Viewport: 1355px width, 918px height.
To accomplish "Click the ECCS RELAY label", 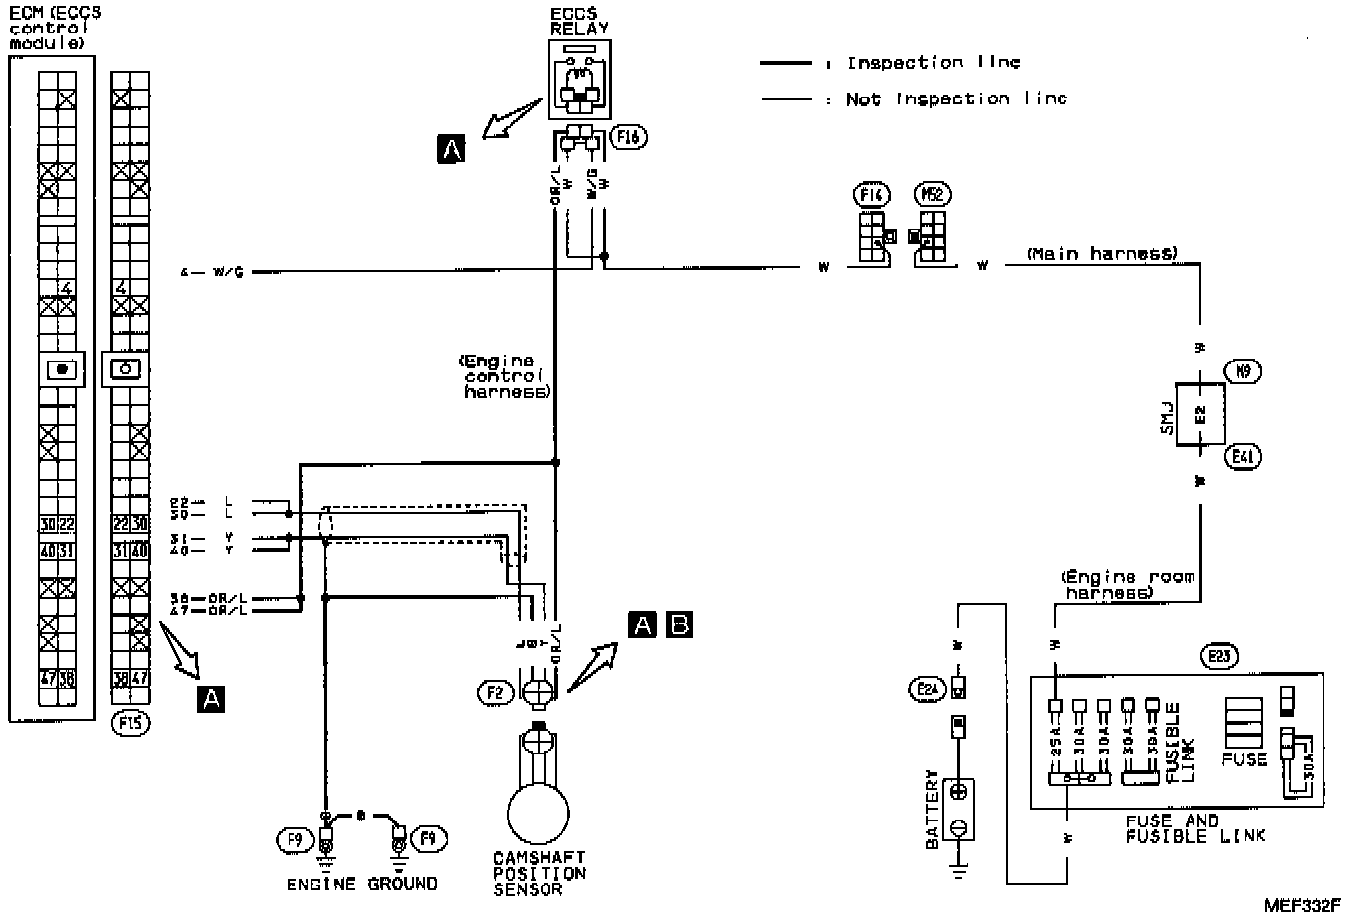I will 579,22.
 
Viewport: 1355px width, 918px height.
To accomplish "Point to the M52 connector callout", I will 932,195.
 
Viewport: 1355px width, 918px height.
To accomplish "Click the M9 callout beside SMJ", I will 1244,371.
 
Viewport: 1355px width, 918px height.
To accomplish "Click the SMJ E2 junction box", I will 1197,414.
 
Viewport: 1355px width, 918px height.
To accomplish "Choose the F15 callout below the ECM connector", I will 130,724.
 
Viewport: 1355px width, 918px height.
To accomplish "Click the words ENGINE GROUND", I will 361,885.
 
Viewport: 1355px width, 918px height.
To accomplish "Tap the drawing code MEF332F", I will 1303,902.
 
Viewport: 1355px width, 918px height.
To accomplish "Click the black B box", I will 679,624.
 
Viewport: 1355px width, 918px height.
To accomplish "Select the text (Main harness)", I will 1101,254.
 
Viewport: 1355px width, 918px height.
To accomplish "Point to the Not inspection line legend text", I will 955,99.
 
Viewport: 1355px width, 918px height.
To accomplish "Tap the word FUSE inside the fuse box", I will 1244,760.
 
